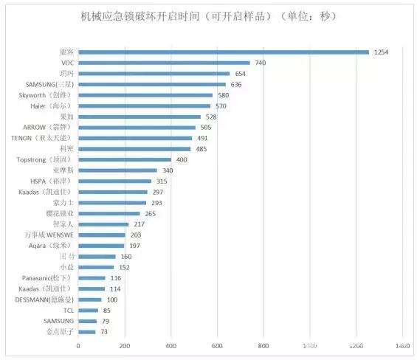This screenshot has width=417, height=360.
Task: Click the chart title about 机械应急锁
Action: point(207,16)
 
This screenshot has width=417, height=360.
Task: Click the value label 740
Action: point(261,63)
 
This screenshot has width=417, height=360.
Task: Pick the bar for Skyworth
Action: point(145,94)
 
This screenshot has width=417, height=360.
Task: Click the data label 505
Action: point(206,127)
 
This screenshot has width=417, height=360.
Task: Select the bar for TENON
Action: point(135,137)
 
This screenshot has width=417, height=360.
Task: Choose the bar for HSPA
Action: point(114,181)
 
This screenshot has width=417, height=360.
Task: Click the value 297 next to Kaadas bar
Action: point(158,191)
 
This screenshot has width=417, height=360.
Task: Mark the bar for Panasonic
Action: point(92,277)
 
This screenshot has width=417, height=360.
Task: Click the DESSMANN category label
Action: point(44,299)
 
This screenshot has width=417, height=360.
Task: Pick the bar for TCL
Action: point(88,310)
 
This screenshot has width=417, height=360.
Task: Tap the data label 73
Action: point(105,331)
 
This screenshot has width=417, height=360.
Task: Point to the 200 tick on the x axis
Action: point(125,345)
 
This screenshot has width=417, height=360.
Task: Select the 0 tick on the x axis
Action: point(78,345)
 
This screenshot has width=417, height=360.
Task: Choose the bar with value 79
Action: point(87,321)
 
